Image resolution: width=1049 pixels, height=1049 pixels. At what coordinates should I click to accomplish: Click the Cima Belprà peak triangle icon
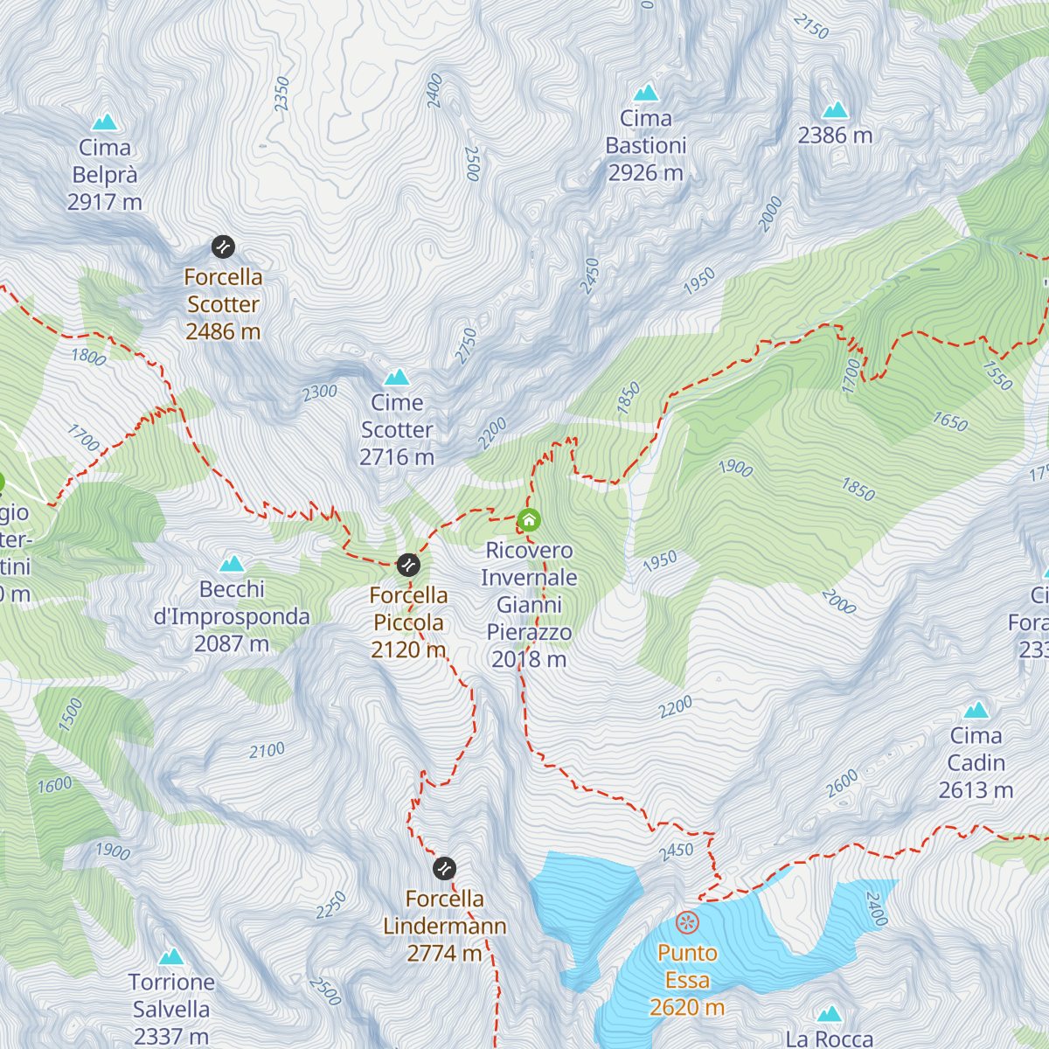coord(105,122)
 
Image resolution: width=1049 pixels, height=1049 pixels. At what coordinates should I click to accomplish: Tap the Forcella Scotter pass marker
coord(223,247)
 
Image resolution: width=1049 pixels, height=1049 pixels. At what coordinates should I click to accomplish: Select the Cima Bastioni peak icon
coord(646,93)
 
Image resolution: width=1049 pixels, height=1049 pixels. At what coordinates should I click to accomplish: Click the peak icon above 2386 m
coord(836,110)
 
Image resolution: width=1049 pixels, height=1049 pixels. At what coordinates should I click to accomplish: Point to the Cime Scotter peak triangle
coord(397,377)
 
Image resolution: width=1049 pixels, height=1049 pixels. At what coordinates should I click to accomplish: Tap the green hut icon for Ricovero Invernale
coord(529,520)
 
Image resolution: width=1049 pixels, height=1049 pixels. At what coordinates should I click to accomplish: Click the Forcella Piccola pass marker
coord(408,565)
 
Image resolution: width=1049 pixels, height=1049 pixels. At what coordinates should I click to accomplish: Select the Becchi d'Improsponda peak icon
coord(232,564)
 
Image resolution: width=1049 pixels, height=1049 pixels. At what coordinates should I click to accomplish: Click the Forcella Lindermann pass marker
coord(444,868)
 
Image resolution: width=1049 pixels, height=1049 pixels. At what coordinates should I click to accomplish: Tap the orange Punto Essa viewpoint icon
coord(688,922)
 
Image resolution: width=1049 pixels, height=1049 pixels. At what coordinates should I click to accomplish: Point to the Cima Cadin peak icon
coord(976,710)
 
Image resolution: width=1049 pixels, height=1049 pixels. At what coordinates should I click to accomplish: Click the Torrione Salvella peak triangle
coord(171,956)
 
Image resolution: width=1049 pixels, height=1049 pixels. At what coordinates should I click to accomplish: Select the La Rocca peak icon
coord(829,1014)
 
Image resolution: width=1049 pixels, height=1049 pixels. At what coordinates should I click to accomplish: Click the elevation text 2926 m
coord(645,173)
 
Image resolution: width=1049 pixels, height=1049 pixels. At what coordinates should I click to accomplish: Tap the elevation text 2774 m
coord(444,953)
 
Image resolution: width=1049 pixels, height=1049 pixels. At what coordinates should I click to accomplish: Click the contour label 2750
coord(466,346)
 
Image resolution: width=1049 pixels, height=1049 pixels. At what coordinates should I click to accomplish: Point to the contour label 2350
coord(281,94)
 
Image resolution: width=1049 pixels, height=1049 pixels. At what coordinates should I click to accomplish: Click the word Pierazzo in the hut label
coord(529,632)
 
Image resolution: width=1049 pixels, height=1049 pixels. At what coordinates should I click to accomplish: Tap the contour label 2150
coord(811,27)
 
